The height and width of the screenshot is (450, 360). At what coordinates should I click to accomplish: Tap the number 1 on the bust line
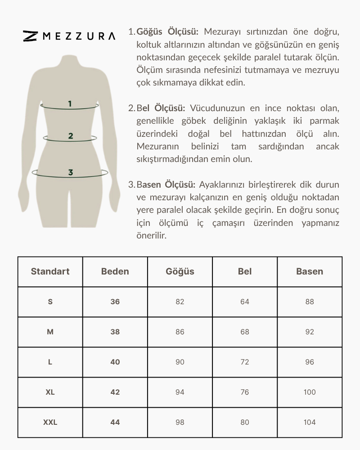click(x=70, y=104)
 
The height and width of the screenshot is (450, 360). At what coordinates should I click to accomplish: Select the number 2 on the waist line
click(x=71, y=136)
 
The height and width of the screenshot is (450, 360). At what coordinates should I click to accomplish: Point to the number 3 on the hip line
click(x=71, y=172)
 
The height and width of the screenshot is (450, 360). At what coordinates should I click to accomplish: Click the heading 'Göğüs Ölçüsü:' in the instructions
click(x=167, y=32)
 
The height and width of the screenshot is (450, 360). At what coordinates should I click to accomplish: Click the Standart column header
click(x=50, y=271)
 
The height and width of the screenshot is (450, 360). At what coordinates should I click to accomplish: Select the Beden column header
click(x=115, y=271)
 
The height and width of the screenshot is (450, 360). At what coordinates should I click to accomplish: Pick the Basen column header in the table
click(x=310, y=271)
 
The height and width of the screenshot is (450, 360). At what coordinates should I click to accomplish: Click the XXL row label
click(x=50, y=422)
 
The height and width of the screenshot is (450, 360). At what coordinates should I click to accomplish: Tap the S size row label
click(x=50, y=301)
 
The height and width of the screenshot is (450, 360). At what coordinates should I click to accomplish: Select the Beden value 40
click(x=115, y=362)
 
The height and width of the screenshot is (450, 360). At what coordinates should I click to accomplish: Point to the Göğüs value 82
click(x=180, y=301)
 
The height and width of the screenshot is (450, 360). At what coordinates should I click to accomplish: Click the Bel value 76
click(x=245, y=392)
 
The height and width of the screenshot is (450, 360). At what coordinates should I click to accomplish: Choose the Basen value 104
click(x=310, y=422)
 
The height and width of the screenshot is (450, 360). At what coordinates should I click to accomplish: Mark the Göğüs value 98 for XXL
click(x=180, y=422)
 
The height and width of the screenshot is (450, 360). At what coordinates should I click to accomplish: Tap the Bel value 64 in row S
click(x=245, y=301)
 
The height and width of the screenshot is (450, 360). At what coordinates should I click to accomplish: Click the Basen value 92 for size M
click(x=310, y=332)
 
